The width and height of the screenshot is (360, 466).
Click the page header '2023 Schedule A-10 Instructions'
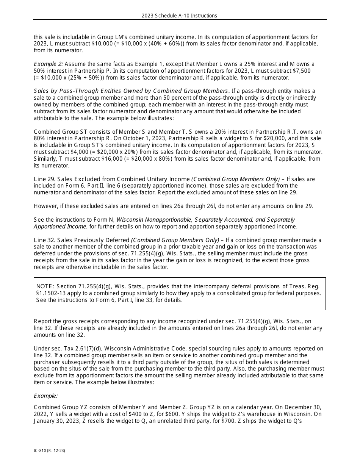click(179, 16)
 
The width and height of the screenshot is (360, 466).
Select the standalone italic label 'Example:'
click(46, 396)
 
